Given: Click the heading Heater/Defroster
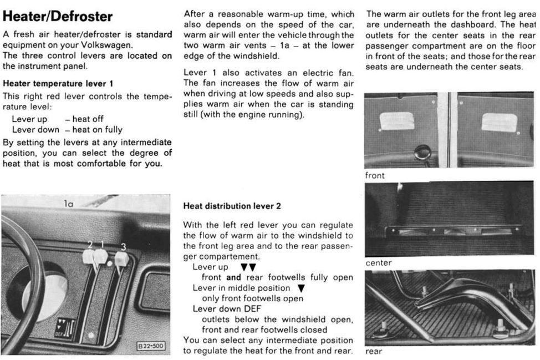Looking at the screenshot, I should coord(58,16).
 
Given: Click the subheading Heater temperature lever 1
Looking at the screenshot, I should coord(58,84).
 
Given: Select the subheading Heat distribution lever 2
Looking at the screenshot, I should coord(232,206).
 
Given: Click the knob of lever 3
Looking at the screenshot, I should coord(121,259).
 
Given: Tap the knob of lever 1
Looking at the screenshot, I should coord(101,256).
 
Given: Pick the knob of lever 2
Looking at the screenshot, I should coord(89,256).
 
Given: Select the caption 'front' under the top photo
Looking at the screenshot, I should coord(375,175).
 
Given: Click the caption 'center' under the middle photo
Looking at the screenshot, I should coord(378,263).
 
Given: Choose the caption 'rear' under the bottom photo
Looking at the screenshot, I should coord(374,351).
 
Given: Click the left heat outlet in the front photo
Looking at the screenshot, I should coord(396,120).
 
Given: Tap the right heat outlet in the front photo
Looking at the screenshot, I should coord(499,122).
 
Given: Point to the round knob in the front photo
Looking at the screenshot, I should coord(423,151).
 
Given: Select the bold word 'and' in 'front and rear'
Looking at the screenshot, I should coord(233,277).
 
